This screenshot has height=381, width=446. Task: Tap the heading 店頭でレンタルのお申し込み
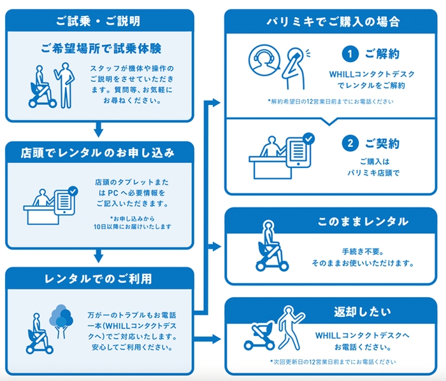(x=99, y=153)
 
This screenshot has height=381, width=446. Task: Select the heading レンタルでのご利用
(x=99, y=278)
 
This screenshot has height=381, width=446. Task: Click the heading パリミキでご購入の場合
(x=333, y=21)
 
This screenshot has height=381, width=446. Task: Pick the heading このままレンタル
(x=363, y=221)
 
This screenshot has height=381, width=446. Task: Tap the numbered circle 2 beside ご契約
(x=350, y=144)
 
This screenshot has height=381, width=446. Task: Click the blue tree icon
(x=62, y=317)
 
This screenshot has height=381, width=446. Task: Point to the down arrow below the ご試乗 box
(x=98, y=130)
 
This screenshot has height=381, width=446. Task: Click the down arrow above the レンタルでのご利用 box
(x=98, y=256)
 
